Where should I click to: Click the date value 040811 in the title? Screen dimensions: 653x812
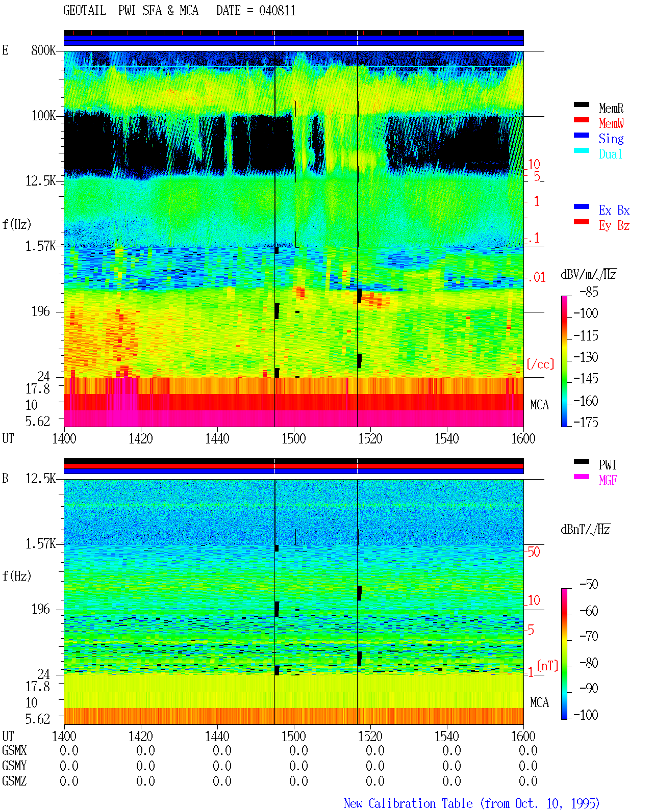coord(277,10)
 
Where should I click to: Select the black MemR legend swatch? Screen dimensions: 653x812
coord(581,105)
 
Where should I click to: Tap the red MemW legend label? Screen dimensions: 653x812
coord(611,123)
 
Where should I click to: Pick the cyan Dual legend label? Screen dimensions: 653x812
coord(610,154)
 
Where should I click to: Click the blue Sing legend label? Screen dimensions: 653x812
coord(611,139)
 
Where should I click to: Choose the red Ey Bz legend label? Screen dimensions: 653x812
coord(614,225)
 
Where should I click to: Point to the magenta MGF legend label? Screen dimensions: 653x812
coord(608,480)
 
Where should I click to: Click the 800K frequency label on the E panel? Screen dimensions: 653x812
coord(43,50)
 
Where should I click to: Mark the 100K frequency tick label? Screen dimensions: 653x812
coord(43,116)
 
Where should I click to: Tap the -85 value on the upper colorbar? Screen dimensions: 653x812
coord(589,292)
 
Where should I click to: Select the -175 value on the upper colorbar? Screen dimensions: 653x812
coord(586,422)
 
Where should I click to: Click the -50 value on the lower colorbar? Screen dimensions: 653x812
coord(589,585)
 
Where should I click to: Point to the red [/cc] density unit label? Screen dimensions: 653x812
coord(540,364)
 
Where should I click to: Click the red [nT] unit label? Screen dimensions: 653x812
coord(547,665)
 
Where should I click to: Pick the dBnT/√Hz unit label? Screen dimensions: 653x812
coord(585,530)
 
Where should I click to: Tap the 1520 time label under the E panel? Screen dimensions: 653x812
coord(370,439)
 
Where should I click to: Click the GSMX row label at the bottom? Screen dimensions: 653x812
coord(14,750)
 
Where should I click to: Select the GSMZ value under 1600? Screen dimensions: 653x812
coord(528,781)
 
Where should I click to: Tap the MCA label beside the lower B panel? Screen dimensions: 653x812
coord(539,702)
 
